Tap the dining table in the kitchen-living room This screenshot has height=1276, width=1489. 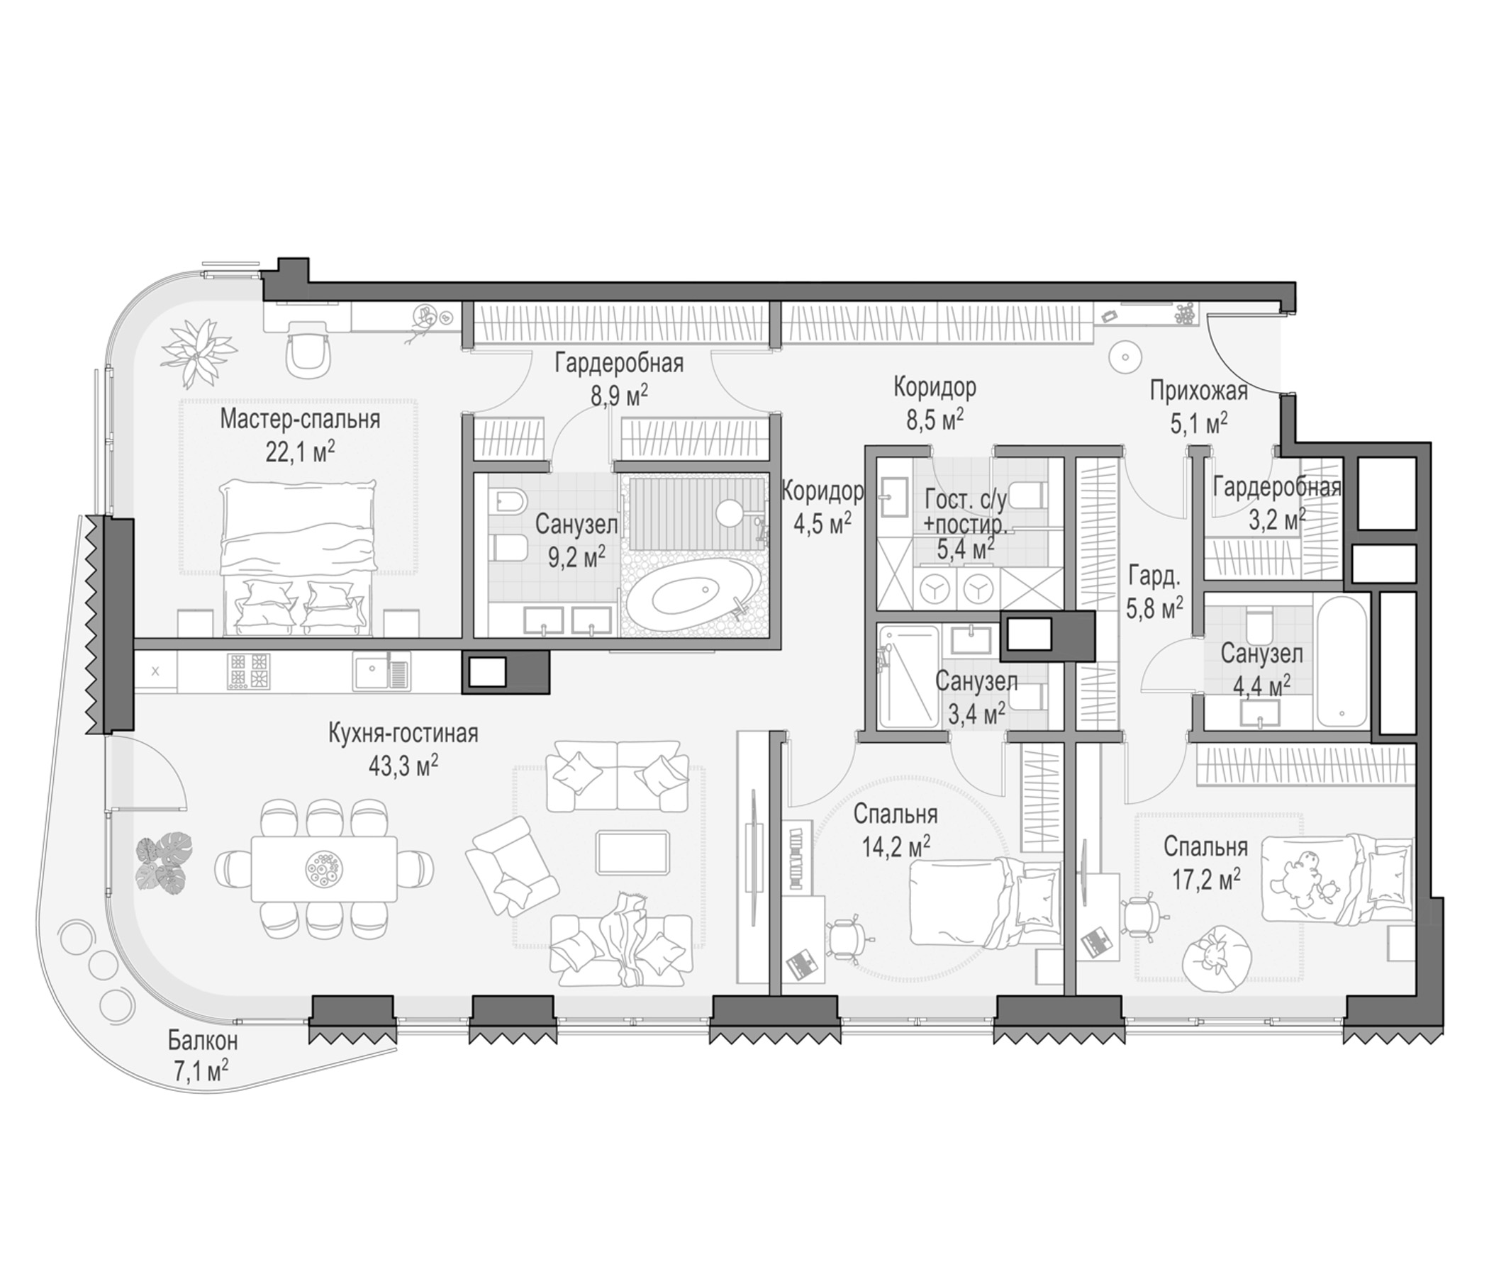323,868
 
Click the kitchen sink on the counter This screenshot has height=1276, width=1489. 381,672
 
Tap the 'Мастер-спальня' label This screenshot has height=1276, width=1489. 300,419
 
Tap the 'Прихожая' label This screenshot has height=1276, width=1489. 1199,391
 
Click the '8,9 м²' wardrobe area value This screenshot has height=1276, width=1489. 620,394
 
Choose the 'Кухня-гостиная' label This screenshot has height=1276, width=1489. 403,734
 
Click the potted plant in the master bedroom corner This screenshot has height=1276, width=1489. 199,354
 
